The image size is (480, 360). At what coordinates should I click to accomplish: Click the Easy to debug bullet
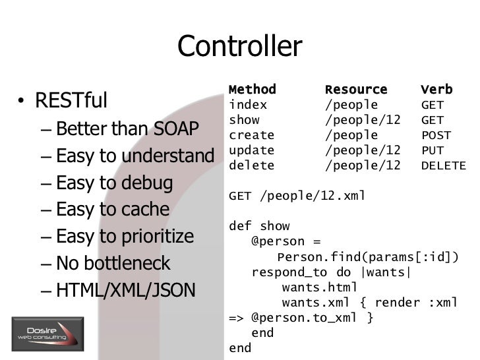tap(114, 183)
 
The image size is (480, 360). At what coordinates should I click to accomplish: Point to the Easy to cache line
tap(113, 210)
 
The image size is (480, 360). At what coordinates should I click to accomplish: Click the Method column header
tap(252, 90)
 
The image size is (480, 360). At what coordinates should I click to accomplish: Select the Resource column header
tap(355, 90)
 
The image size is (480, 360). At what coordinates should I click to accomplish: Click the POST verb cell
tap(436, 135)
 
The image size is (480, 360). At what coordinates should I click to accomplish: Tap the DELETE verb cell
tap(442, 165)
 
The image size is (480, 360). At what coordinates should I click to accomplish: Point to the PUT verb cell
tap(432, 150)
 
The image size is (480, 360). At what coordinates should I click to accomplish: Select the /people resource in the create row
tap(351, 135)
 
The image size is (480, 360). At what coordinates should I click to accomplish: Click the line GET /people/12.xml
tap(296, 196)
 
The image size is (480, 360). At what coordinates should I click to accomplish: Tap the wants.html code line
tap(319, 287)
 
